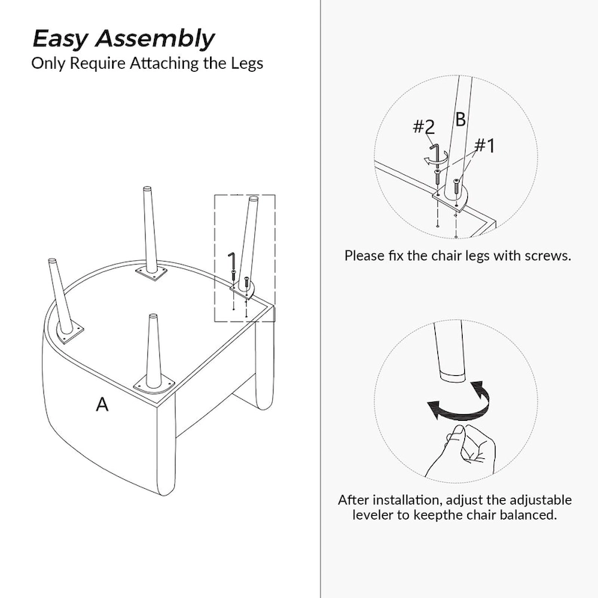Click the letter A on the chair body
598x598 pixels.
102,404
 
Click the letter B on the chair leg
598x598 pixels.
460,120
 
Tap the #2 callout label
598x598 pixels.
424,126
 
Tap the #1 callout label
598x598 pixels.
484,145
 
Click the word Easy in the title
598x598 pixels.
61,39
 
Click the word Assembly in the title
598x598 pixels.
155,39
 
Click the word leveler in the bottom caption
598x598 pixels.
372,514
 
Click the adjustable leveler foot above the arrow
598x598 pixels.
453,375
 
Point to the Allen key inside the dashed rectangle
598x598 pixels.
232,261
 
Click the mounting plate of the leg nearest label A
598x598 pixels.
153,386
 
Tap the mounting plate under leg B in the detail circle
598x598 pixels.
451,199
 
